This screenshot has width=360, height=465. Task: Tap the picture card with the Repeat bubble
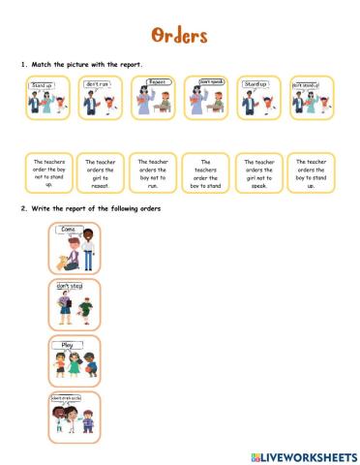[153, 98]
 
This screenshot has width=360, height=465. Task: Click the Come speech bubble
[67, 230]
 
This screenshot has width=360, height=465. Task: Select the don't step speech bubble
[69, 287]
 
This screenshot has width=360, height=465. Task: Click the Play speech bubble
[68, 343]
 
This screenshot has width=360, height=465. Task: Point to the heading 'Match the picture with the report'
[86, 65]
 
